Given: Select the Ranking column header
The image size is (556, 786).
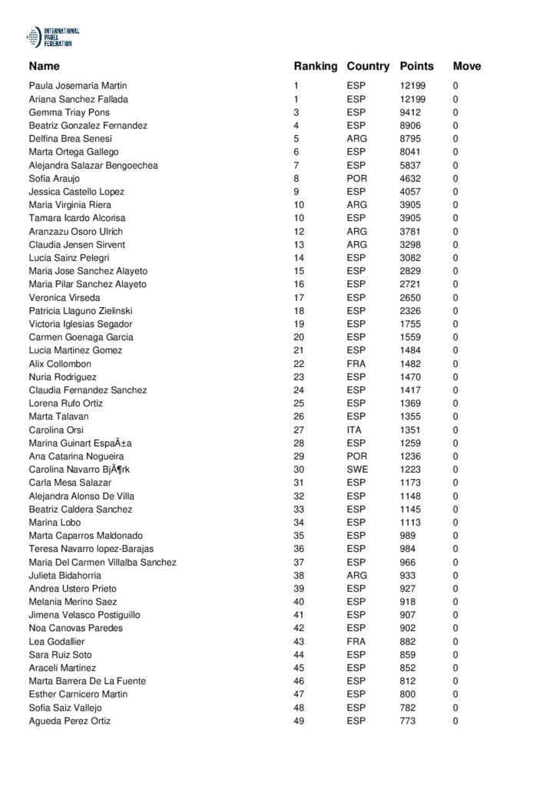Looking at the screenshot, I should coord(315,66).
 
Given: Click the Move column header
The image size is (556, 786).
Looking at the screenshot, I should coord(467,66).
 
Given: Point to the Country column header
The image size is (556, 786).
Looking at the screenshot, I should coord(368,66).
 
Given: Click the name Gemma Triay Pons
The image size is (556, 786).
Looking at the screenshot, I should coord(69,112).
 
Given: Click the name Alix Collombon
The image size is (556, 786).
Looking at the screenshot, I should coord(60,364).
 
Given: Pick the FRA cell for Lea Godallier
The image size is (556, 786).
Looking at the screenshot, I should coord(356,642).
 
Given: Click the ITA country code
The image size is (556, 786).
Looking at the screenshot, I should coord(354,430).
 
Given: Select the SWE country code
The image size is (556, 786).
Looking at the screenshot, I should coord(356,470).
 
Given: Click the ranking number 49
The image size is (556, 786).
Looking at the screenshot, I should coord(299,721).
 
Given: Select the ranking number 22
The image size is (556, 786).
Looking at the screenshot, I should coord(299,364).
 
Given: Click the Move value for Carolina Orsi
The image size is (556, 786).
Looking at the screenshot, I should coord(455,430).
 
